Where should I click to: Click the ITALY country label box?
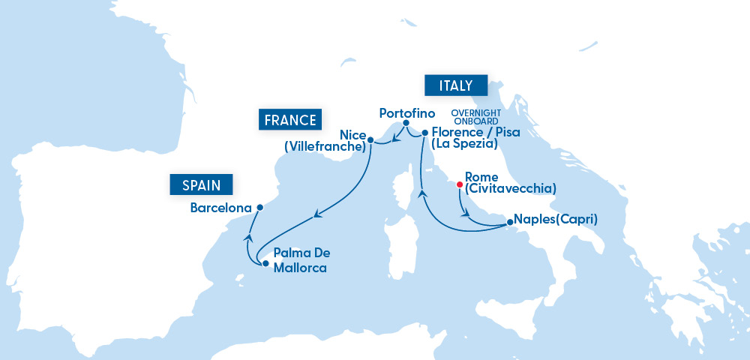(x=455, y=85)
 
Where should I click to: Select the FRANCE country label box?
(x=289, y=120)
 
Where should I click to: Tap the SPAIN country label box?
(x=201, y=184)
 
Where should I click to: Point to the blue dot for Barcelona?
(x=259, y=208)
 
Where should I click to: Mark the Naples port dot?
(x=510, y=222)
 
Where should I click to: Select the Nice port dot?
(x=370, y=139)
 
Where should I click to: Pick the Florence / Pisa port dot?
(x=425, y=133)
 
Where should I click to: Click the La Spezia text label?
(x=463, y=142)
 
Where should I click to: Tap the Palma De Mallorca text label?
(x=301, y=259)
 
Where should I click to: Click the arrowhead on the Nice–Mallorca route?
(x=317, y=216)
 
